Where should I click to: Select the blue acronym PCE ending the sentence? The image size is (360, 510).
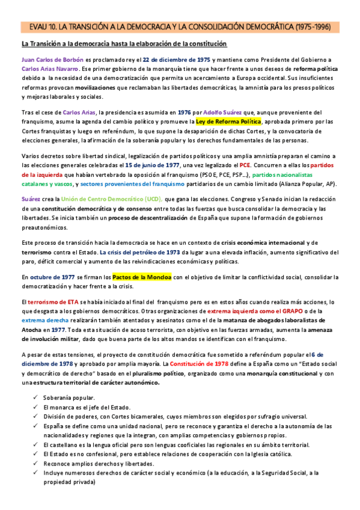click(x=245, y=165)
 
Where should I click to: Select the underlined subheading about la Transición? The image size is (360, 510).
click(x=124, y=44)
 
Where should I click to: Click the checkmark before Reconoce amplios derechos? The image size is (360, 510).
click(x=37, y=463)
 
